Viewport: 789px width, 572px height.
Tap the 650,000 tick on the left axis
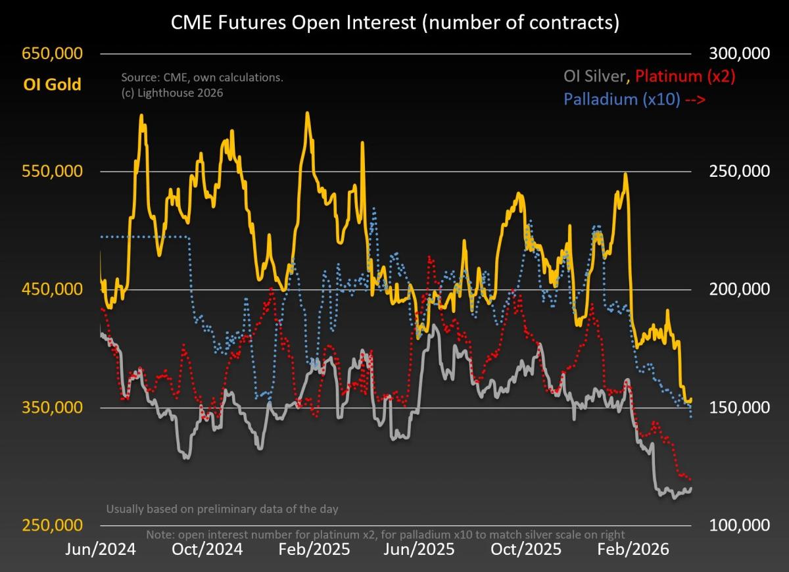point(53,53)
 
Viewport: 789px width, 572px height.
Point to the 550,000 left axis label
point(53,172)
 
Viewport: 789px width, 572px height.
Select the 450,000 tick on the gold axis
point(53,289)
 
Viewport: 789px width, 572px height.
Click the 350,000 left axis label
point(53,408)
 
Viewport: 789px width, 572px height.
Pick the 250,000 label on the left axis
point(53,525)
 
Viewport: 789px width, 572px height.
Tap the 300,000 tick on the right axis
point(736,53)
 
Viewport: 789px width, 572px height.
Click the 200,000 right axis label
point(736,289)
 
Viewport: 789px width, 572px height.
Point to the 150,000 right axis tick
point(736,408)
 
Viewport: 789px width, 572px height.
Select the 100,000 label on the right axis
point(736,525)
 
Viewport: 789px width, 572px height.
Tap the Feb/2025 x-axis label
point(314,549)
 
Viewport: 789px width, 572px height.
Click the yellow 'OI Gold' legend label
point(52,84)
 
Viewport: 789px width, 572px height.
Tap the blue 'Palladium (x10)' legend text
point(621,100)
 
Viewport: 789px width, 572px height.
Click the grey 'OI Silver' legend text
point(596,76)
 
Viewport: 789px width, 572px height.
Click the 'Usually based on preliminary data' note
point(222,509)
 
